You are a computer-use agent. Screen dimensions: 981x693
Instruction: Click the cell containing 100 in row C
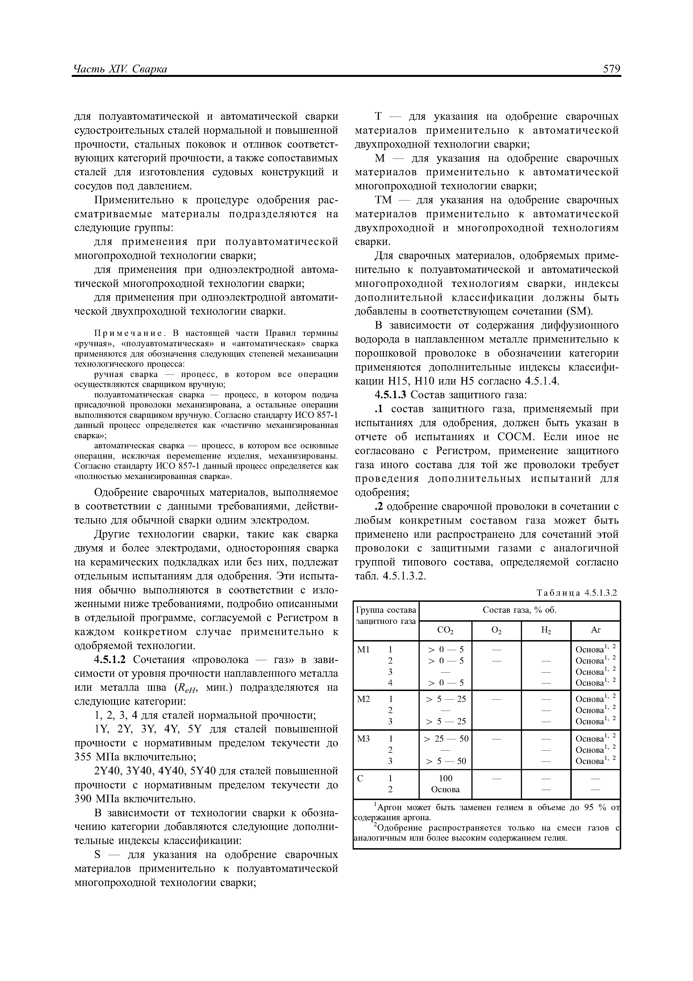click(x=445, y=778)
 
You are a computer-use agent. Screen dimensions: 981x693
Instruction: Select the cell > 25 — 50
click(x=445, y=738)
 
